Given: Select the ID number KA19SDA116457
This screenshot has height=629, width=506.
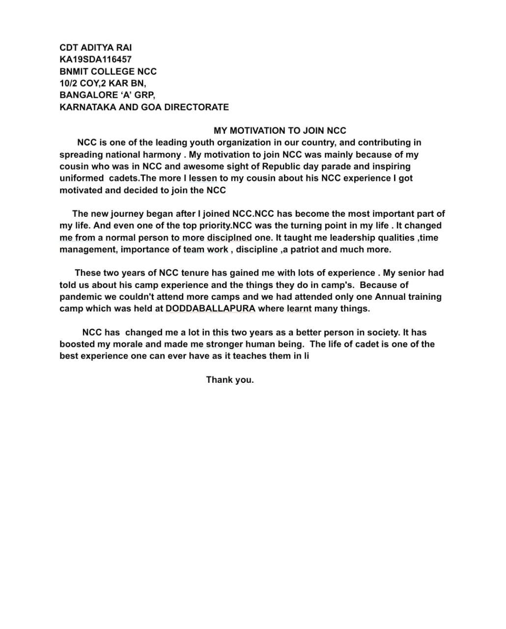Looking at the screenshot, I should point(95,59).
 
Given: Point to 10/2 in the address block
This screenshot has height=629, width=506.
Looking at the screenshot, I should point(68,83).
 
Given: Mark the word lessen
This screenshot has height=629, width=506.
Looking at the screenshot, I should point(203,178).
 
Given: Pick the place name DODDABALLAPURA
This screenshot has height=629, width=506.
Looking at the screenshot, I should point(210,309).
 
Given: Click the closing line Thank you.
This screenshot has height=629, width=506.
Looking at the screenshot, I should point(230,379).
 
